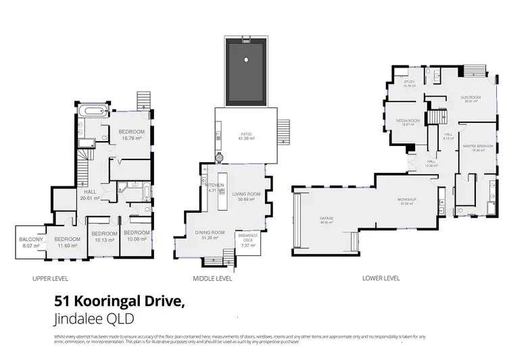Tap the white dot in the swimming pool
[x=247, y=61]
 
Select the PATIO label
[x=245, y=133]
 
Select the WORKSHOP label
[x=406, y=201]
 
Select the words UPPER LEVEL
[x=50, y=278]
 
